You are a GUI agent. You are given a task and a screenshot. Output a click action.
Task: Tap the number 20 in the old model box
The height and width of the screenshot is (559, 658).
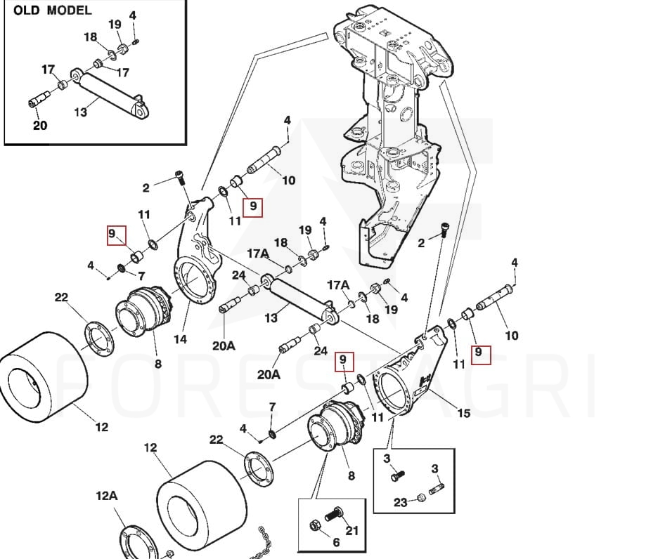pyautogui.click(x=40, y=126)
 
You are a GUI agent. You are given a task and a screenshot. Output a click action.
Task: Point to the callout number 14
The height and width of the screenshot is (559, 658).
pyautogui.click(x=181, y=339)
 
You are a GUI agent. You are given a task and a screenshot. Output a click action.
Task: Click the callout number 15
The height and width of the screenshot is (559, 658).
pyautogui.click(x=464, y=413)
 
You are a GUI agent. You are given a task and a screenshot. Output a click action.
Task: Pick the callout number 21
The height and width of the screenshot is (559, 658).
pyautogui.click(x=352, y=531)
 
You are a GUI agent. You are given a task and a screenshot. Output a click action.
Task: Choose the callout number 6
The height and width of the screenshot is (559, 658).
pyautogui.click(x=336, y=542)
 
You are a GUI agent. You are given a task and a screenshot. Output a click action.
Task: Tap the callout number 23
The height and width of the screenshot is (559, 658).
pyautogui.click(x=400, y=503)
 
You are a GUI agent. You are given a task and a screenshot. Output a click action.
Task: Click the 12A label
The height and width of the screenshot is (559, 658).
pyautogui.click(x=106, y=496)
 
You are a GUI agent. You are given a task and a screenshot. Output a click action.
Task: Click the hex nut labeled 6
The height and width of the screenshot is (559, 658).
pyautogui.click(x=315, y=524)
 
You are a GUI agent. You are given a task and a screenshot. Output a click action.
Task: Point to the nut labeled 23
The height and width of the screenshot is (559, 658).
pyautogui.click(x=421, y=497)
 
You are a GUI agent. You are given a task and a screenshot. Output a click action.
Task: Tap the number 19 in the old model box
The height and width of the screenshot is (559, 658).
pyautogui.click(x=115, y=25)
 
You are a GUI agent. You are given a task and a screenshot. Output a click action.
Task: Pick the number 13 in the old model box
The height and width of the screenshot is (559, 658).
pyautogui.click(x=82, y=112)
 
